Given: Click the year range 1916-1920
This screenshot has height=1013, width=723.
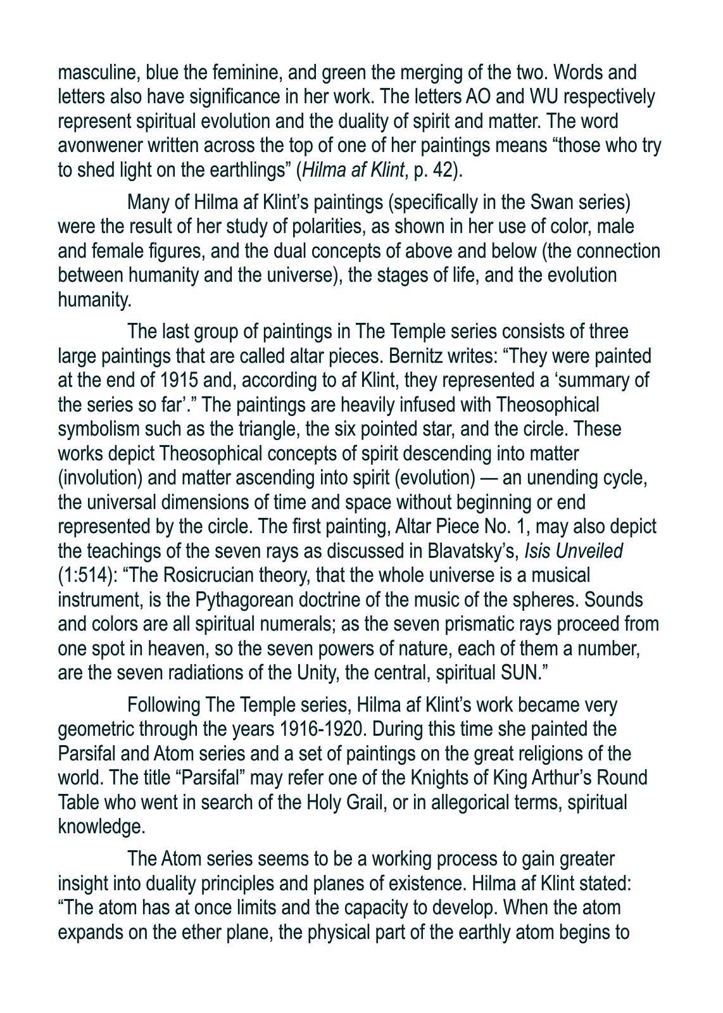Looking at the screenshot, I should [x=322, y=729].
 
